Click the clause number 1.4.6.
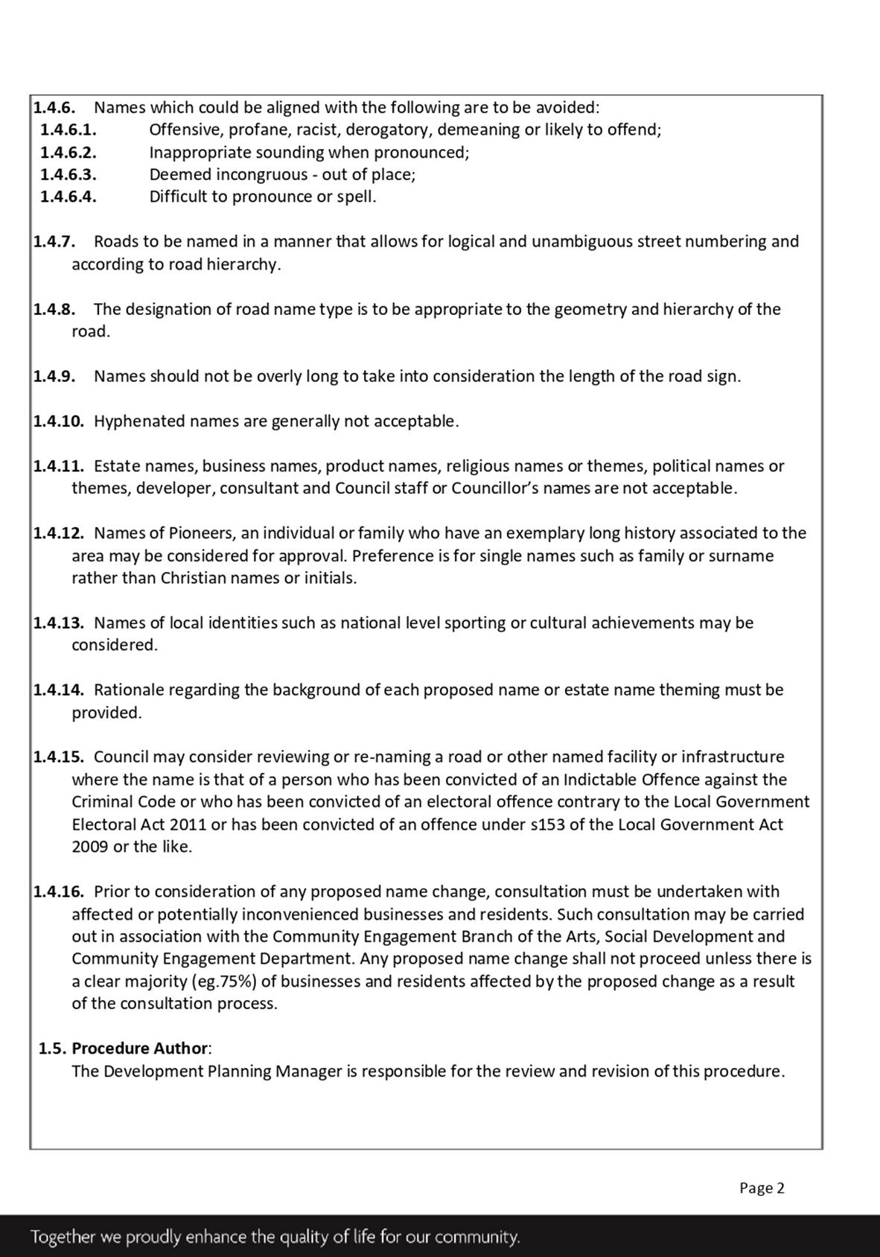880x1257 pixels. coord(54,107)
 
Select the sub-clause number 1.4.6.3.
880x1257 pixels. coord(68,174)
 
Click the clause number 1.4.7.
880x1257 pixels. coord(54,241)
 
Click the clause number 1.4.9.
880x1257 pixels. coord(54,376)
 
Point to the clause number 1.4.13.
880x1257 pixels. coord(58,623)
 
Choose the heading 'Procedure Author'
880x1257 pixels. coord(140,1048)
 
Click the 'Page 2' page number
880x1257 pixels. coord(762,1188)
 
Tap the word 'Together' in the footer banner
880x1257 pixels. coord(63,1237)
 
